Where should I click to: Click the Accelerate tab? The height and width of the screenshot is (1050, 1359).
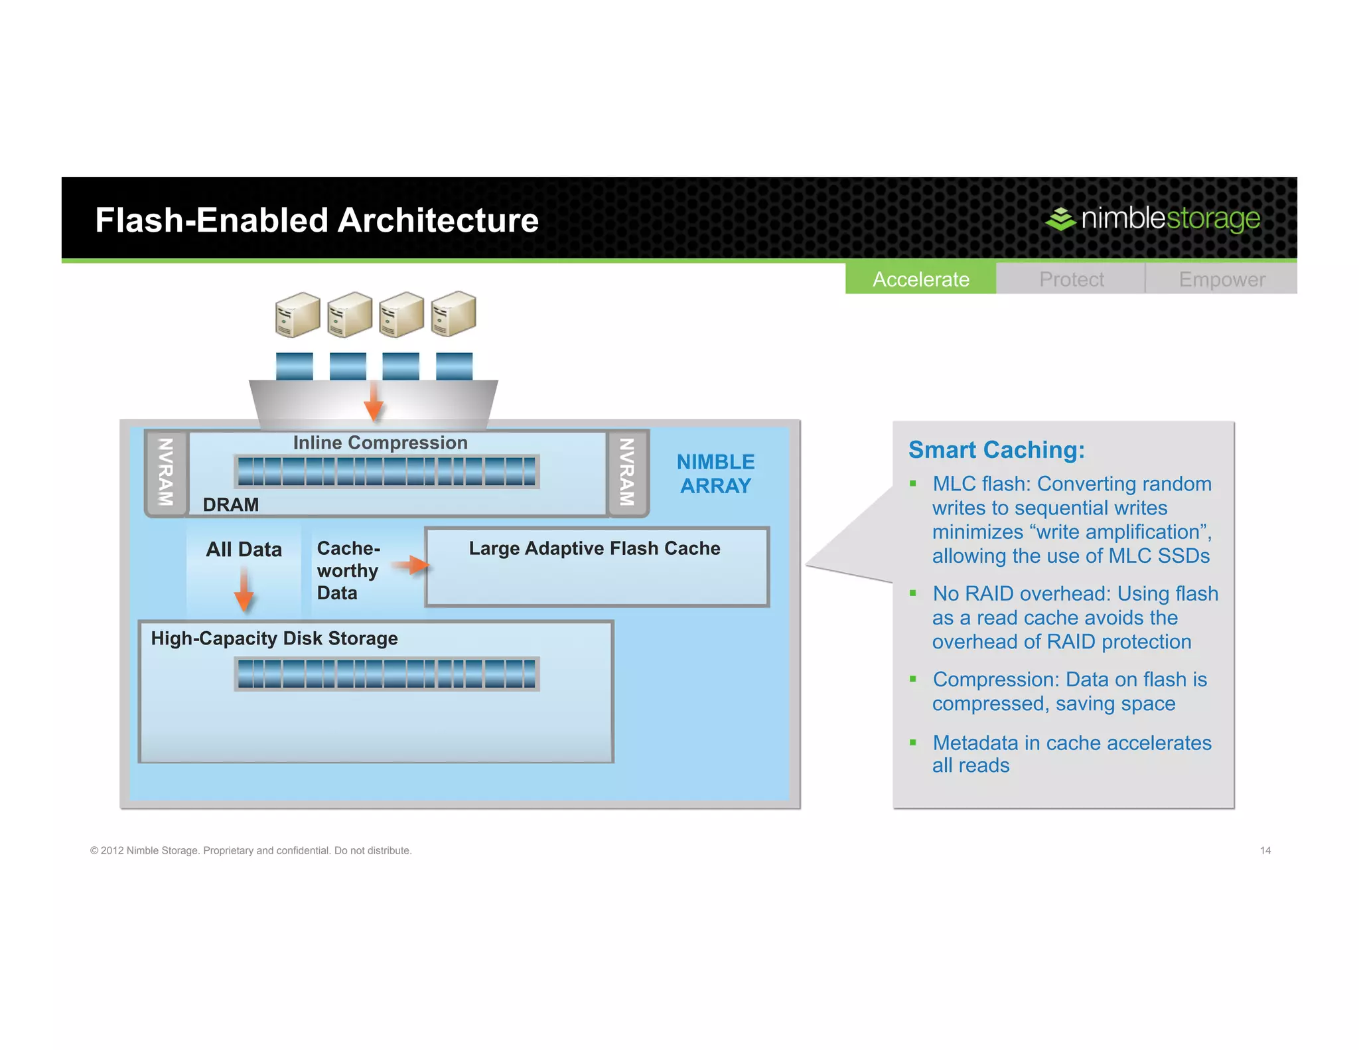point(920,279)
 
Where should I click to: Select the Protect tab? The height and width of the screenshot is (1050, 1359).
point(1071,279)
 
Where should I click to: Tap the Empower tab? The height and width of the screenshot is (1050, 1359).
point(1222,279)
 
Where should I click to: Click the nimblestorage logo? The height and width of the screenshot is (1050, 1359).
point(1153,218)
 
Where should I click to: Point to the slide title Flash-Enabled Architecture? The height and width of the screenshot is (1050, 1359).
point(317,220)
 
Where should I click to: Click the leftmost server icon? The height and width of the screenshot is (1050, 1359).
point(297,314)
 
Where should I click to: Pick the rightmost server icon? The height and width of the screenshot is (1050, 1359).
point(453,314)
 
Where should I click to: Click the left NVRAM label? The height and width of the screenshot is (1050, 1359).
point(165,472)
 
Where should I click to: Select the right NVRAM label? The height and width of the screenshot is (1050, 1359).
point(626,472)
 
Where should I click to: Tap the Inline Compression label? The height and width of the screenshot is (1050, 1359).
point(380,443)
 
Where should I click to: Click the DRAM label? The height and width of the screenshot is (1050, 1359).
point(230,504)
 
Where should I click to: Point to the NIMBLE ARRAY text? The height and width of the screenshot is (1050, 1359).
point(715,473)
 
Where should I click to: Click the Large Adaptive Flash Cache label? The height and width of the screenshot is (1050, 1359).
point(594,548)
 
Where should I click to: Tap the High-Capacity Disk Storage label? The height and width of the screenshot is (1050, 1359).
point(274,638)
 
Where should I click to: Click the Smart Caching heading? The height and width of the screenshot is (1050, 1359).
point(996,450)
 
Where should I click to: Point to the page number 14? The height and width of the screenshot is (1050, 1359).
point(1265,850)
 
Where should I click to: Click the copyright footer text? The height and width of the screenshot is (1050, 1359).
point(251,850)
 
